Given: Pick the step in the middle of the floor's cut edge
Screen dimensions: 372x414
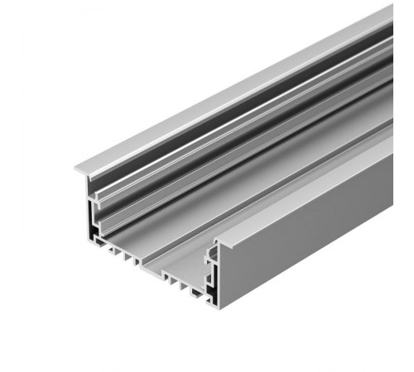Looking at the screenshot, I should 141,266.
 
